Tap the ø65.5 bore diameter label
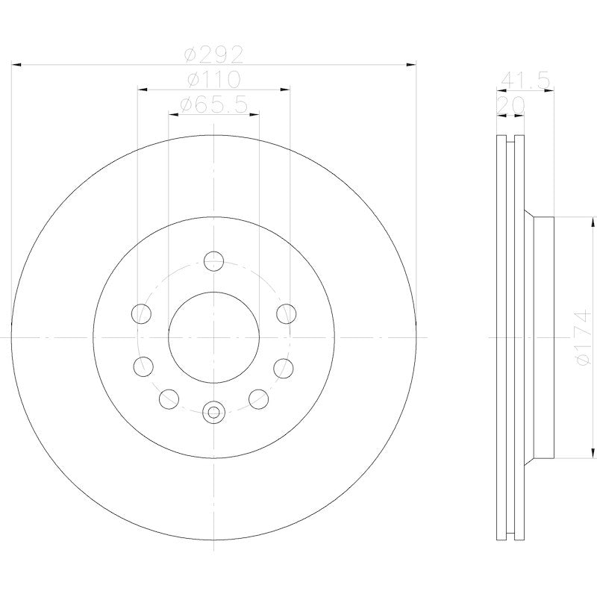[213, 105]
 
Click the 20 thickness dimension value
[511, 105]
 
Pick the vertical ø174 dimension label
[583, 337]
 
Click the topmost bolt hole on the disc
[213, 261]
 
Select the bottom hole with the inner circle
[213, 411]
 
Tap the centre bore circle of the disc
[213, 337]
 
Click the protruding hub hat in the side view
[543, 337]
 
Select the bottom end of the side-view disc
[511, 536]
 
